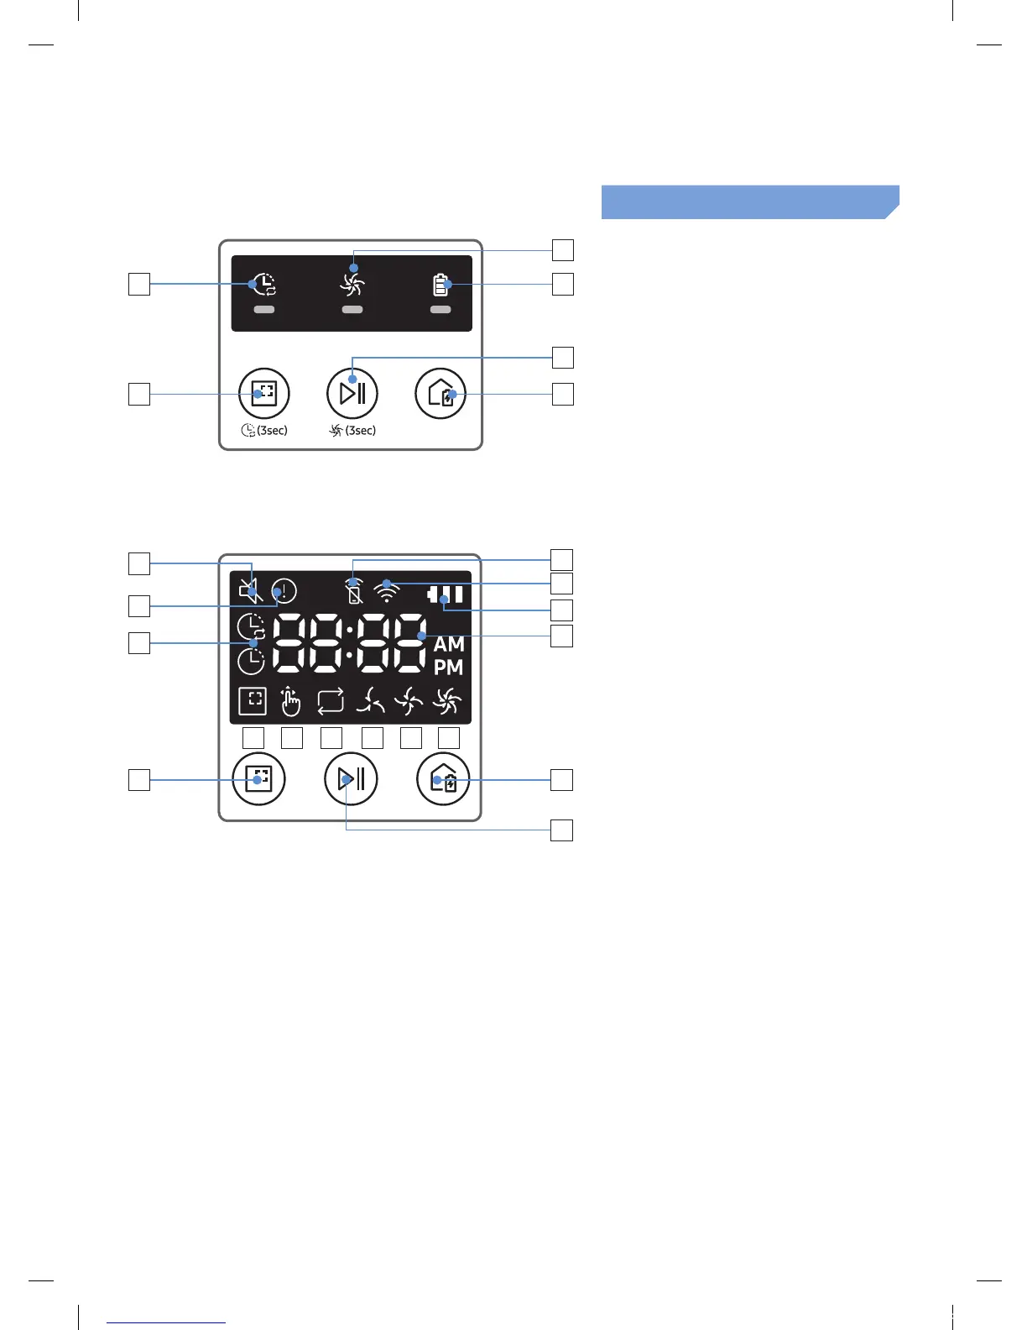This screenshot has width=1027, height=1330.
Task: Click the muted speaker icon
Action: pos(250,591)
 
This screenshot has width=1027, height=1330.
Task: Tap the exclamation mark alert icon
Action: pos(284,591)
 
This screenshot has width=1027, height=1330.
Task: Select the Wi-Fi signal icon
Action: pos(387,591)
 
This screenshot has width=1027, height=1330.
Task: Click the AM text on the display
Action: pos(449,644)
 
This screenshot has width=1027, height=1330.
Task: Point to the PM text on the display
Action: pos(449,668)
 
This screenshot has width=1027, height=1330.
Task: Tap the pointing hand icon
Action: pos(290,702)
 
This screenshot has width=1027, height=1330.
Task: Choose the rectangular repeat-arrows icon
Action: pos(331,702)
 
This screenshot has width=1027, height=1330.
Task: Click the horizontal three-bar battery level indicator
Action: pos(445,595)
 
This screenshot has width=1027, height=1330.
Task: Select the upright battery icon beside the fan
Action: pos(441,285)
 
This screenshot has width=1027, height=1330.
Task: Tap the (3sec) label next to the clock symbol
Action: pos(264,431)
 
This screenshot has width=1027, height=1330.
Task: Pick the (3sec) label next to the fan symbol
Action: pos(352,431)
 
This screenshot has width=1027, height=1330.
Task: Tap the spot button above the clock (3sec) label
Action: pos(264,393)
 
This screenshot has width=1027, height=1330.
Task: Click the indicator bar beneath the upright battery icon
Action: pos(441,310)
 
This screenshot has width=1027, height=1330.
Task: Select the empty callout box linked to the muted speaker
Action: pos(139,563)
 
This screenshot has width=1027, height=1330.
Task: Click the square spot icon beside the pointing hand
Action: pos(253,701)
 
